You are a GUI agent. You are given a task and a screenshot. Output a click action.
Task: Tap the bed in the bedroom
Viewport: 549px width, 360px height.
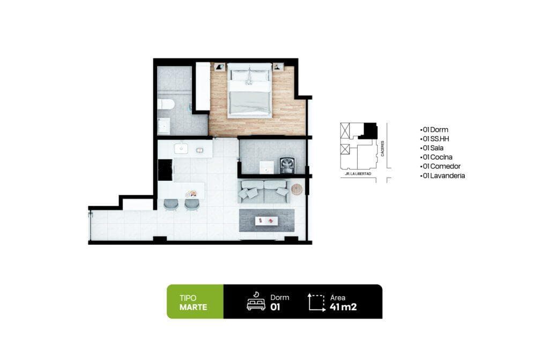pyautogui.click(x=249, y=91)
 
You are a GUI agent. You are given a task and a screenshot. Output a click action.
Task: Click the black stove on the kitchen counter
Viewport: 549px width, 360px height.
pyautogui.click(x=165, y=170)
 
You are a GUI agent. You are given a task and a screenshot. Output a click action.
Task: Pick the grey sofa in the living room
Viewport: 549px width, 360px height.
pyautogui.click(x=264, y=192)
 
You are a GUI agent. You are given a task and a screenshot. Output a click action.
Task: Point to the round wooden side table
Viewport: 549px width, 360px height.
pyautogui.click(x=296, y=189)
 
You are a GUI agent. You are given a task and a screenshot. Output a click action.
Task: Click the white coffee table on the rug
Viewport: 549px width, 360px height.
pyautogui.click(x=266, y=220)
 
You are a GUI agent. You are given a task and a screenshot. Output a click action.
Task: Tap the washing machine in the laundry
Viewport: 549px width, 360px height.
pyautogui.click(x=287, y=165)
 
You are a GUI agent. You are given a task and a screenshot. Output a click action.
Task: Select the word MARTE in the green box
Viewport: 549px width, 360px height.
pyautogui.click(x=194, y=307)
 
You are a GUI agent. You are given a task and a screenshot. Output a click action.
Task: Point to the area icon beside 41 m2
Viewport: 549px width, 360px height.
pyautogui.click(x=317, y=302)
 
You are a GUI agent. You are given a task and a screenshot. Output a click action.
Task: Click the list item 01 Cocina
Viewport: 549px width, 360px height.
pyautogui.click(x=437, y=157)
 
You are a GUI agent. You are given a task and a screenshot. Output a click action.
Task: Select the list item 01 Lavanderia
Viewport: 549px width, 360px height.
pyautogui.click(x=443, y=175)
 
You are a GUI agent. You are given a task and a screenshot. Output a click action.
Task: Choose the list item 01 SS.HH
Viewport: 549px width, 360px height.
pyautogui.click(x=434, y=139)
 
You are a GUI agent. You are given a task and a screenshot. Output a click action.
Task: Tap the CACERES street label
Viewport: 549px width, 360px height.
pyautogui.click(x=383, y=149)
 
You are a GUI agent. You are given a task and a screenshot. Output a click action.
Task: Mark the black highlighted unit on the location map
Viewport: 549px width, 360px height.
pyautogui.click(x=370, y=130)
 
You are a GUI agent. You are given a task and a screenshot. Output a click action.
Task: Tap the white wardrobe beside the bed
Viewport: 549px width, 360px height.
pyautogui.click(x=202, y=86)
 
